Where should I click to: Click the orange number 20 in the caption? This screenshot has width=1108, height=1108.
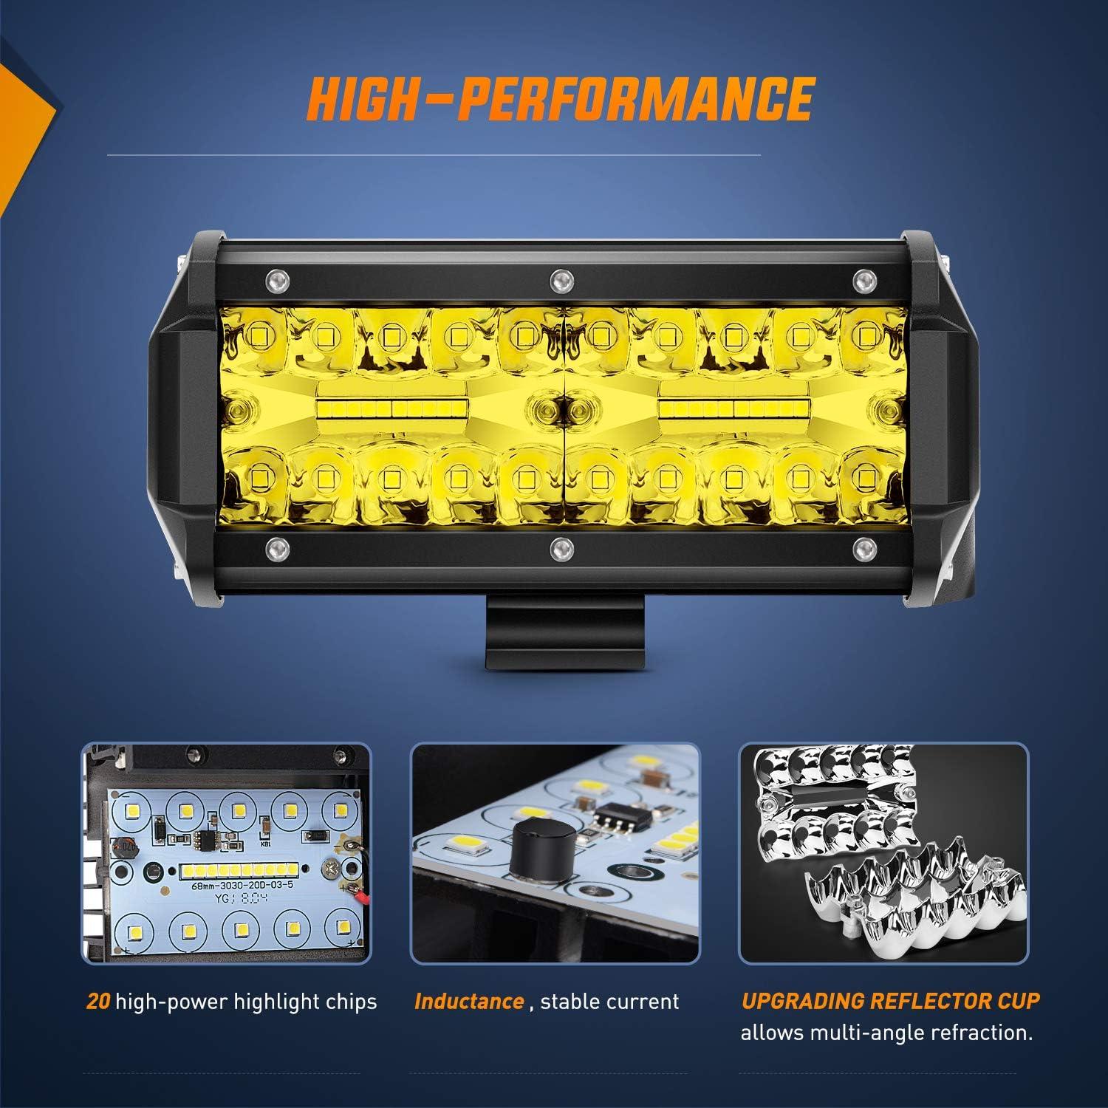[x=98, y=1002]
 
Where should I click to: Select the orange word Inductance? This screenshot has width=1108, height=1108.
[x=469, y=1002]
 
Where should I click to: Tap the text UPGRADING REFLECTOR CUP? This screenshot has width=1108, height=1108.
[x=890, y=1002]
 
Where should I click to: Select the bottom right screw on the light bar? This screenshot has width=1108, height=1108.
[x=861, y=547]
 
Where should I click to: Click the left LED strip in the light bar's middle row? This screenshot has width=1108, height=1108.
[x=391, y=408]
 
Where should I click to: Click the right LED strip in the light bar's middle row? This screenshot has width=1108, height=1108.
[x=733, y=408]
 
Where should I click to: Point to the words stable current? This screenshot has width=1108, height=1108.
[x=609, y=1002]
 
